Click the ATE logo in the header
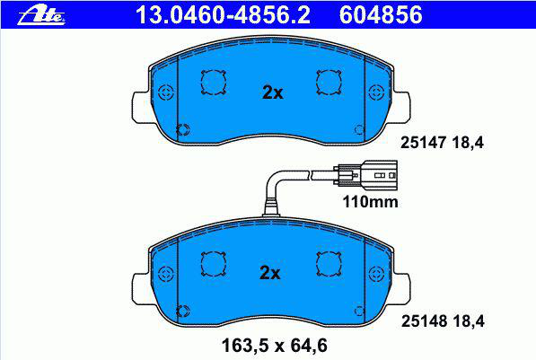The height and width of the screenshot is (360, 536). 41,14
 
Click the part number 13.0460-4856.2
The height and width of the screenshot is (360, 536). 223,15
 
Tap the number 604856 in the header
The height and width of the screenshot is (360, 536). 381,15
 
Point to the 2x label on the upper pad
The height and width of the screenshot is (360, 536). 272,92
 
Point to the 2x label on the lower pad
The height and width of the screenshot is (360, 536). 270,273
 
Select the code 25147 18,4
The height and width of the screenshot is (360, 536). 442,143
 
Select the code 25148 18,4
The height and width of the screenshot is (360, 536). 443,321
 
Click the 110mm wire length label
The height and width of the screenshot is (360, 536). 370,202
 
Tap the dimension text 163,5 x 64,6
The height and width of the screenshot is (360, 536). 275,346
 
